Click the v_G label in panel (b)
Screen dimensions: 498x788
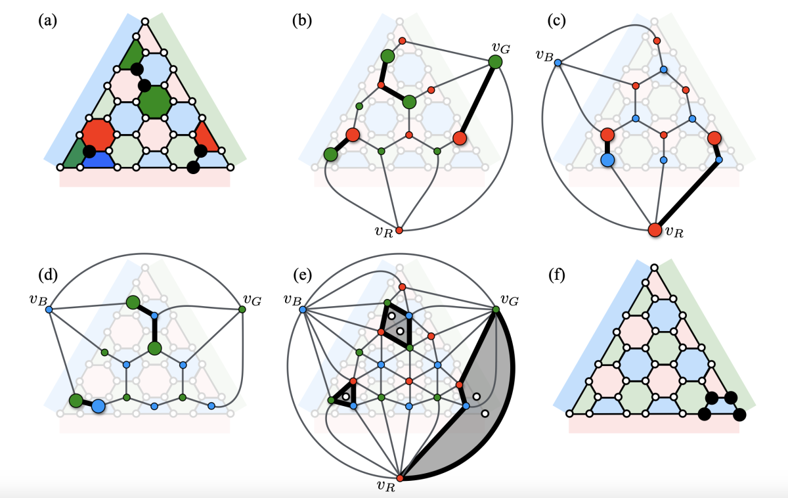click(502, 47)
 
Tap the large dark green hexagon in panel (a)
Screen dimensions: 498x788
click(154, 102)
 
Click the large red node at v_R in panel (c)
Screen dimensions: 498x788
click(655, 230)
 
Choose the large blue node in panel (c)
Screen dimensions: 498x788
click(607, 159)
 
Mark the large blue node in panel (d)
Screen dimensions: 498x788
click(98, 407)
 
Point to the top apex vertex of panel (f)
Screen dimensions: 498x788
click(655, 267)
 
